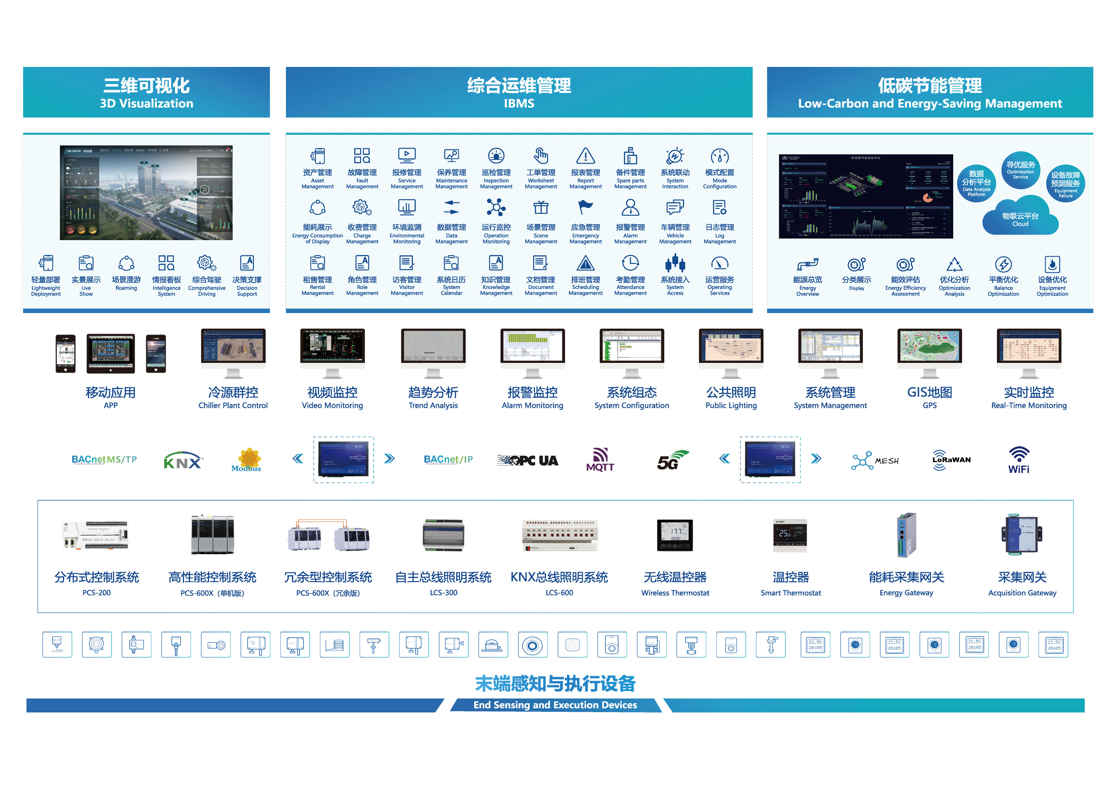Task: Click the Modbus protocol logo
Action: point(247,459)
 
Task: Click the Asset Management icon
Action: point(318,156)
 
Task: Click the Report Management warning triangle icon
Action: point(585,156)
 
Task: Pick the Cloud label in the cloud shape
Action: point(1020,224)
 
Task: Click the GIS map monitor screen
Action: point(929,346)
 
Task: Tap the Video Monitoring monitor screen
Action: point(332,346)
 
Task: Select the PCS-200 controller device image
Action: point(96,535)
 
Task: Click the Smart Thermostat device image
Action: point(790,535)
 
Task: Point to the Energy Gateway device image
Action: point(906,535)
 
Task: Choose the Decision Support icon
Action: point(247,263)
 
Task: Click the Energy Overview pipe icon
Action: point(807,265)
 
